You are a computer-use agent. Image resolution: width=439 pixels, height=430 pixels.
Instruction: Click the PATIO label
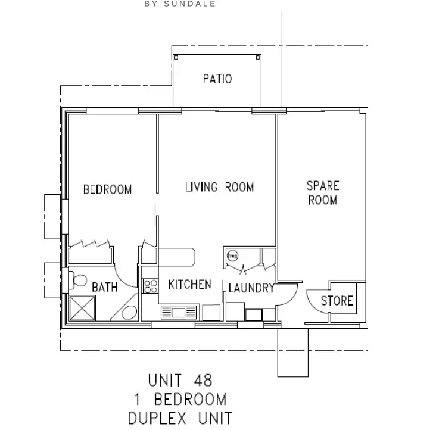point(217,79)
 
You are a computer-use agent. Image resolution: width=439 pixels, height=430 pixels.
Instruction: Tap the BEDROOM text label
point(107,190)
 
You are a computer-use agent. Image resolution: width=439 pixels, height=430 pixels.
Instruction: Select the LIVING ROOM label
point(219,188)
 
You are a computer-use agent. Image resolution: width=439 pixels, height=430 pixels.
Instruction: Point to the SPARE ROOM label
point(322,193)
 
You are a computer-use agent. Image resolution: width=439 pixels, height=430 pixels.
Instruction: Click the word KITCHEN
point(189,284)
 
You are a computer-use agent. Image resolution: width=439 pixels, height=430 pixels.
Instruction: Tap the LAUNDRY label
point(251,288)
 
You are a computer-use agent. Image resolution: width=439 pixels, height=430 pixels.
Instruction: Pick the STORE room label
point(337,301)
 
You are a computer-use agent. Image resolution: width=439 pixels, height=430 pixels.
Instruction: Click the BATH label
point(105,288)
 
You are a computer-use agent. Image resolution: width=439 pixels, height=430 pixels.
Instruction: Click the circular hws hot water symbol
point(232,256)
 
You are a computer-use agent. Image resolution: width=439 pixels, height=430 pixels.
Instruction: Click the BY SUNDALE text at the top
point(179,4)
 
